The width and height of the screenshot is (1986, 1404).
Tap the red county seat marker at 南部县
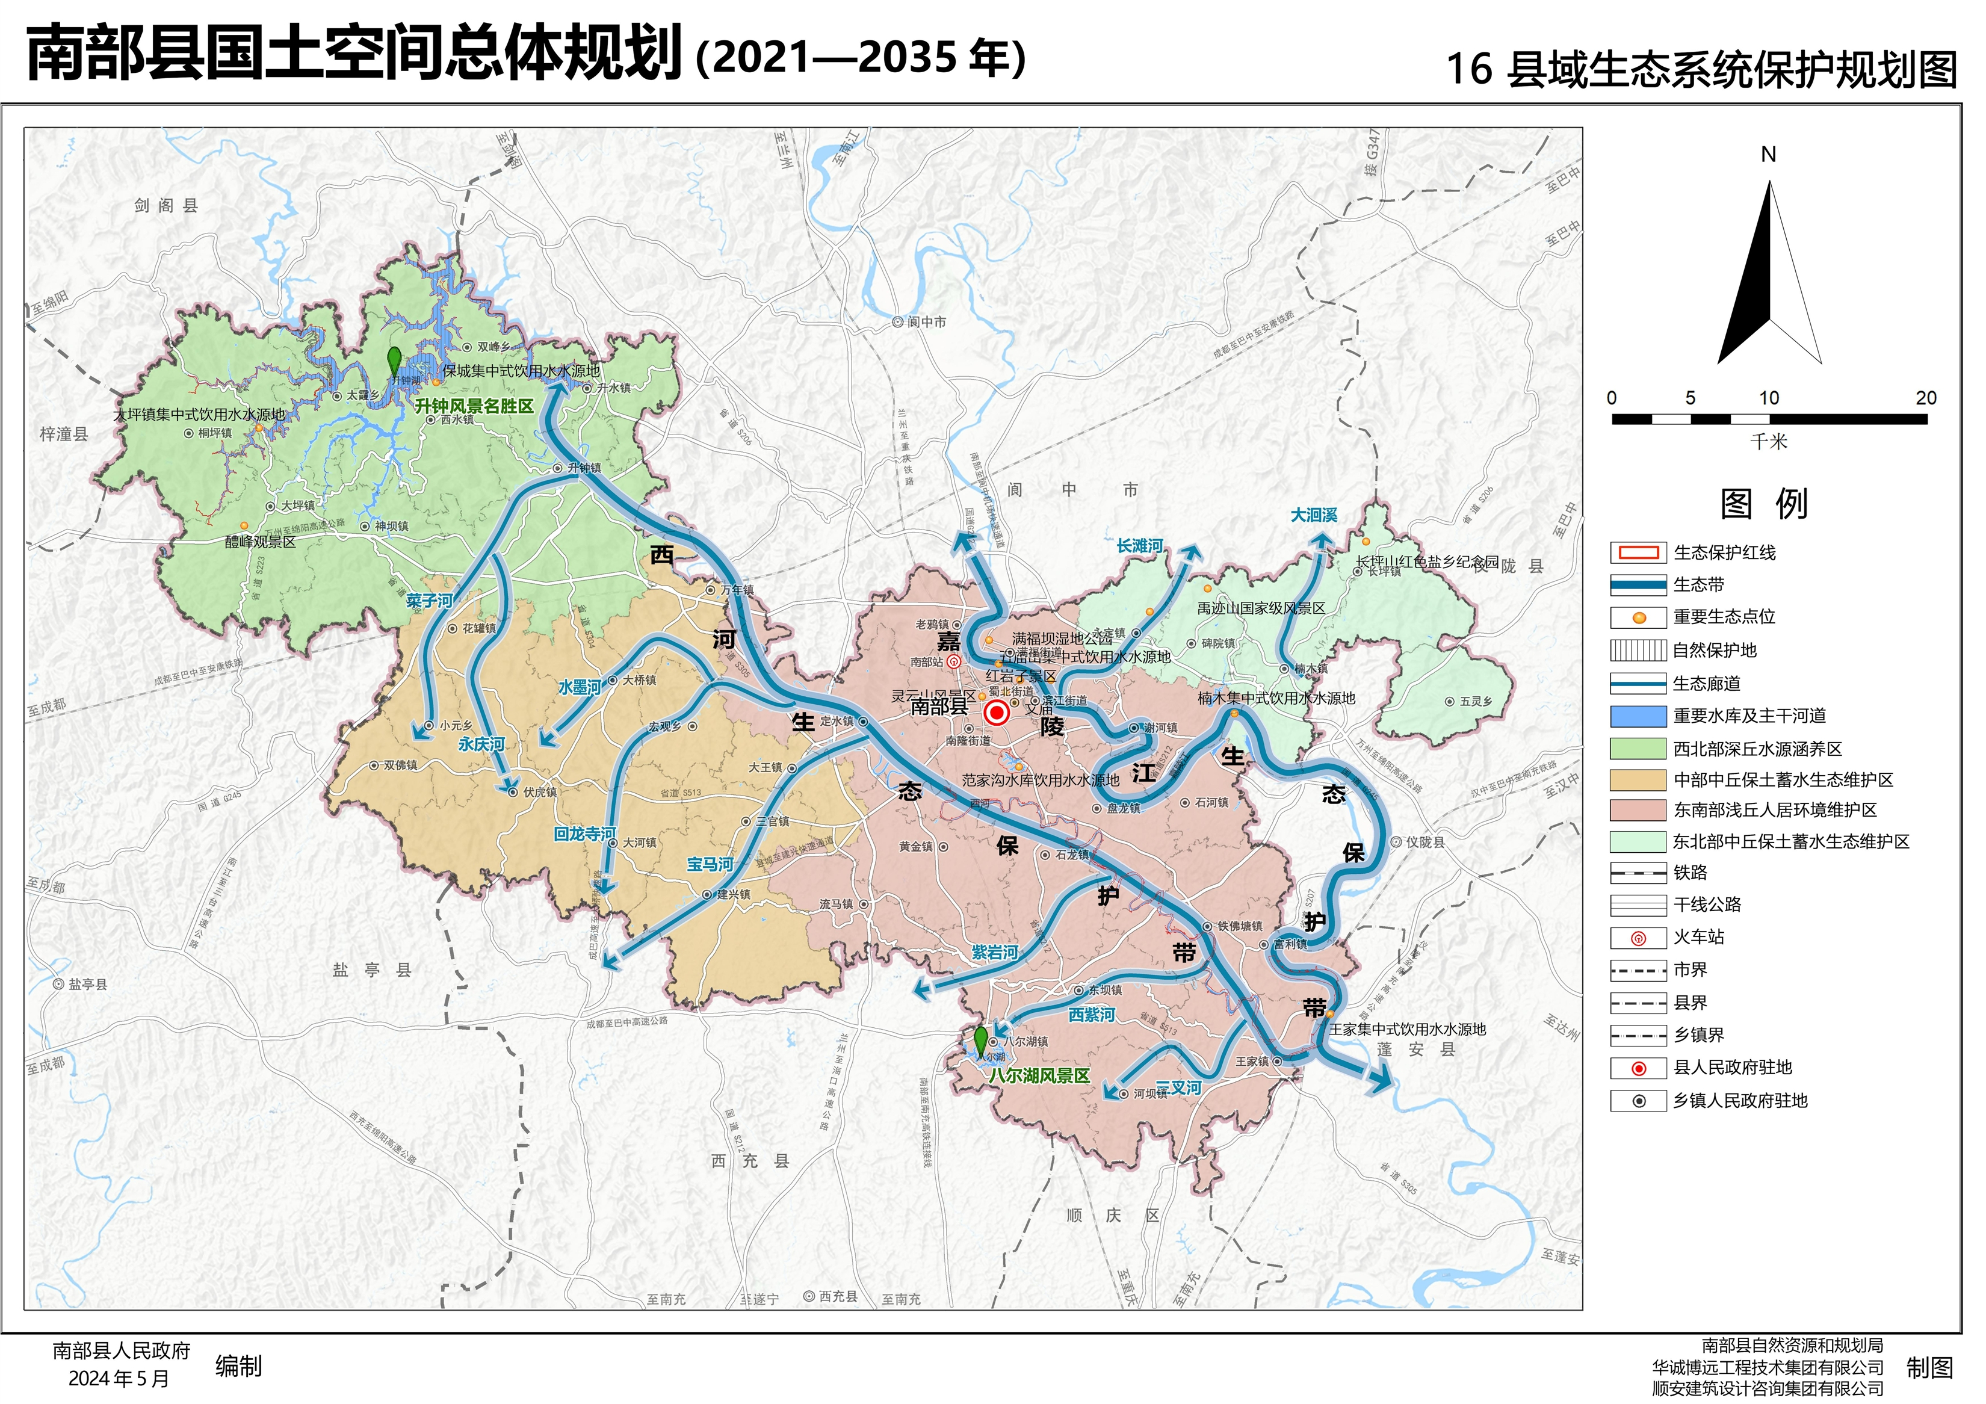tap(997, 713)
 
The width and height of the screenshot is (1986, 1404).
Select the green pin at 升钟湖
tap(394, 362)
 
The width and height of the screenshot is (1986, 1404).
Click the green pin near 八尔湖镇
tap(980, 1041)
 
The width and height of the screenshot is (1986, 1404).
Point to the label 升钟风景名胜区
tap(474, 406)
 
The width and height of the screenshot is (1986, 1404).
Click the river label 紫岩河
tap(995, 953)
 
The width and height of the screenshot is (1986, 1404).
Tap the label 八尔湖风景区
tap(1039, 1075)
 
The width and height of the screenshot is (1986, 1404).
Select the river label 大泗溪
tap(1313, 515)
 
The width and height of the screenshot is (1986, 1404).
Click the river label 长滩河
tap(1139, 546)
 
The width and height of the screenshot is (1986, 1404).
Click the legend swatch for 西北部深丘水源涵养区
tap(1638, 748)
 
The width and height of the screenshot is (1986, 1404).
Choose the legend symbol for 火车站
tap(1638, 938)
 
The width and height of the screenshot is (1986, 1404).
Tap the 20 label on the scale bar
tap(1925, 398)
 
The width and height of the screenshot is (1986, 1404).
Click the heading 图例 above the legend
tap(1764, 504)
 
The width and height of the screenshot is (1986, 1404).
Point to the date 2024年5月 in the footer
tap(119, 1378)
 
